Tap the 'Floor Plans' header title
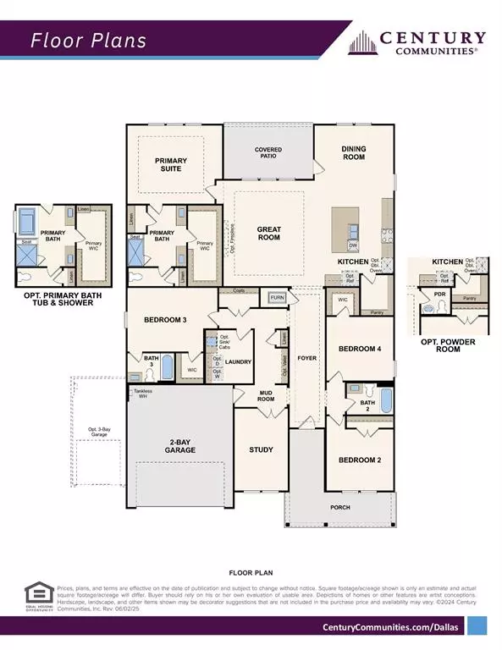89,40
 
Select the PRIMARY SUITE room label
170,164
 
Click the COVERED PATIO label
268,154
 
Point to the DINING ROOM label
354,153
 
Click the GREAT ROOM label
268,234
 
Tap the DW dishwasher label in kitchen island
353,245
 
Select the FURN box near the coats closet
277,298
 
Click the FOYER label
306,359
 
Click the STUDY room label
259,449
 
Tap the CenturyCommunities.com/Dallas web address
390,626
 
